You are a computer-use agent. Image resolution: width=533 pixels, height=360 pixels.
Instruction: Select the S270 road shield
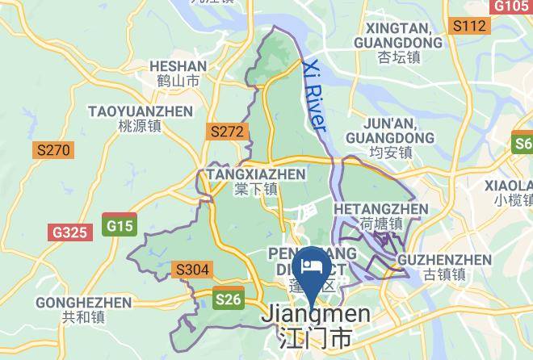pyautogui.click(x=53, y=150)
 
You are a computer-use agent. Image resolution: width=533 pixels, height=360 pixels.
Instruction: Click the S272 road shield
pyautogui.click(x=226, y=131)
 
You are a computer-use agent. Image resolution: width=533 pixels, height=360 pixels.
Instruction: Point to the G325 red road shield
pyautogui.click(x=69, y=232)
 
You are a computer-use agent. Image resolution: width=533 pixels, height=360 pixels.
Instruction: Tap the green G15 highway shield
pyautogui.click(x=120, y=225)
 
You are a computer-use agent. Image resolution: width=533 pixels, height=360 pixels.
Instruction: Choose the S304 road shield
pyautogui.click(x=192, y=270)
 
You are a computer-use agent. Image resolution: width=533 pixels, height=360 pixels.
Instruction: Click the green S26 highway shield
pyautogui.click(x=229, y=299)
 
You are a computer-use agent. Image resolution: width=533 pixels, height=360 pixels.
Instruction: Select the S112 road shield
pyautogui.click(x=469, y=27)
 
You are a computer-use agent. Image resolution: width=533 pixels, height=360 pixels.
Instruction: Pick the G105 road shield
pyautogui.click(x=510, y=6)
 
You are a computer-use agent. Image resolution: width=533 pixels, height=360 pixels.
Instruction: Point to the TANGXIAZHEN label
pyautogui.click(x=256, y=174)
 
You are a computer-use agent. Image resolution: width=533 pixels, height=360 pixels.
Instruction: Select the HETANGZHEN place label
pyautogui.click(x=380, y=209)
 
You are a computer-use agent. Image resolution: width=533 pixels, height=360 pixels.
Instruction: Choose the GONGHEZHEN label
pyautogui.click(x=83, y=303)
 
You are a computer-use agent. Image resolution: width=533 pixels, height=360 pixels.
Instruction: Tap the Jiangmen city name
pyautogui.click(x=315, y=315)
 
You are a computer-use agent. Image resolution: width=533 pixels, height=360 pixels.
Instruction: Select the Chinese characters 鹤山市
pyautogui.click(x=178, y=81)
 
